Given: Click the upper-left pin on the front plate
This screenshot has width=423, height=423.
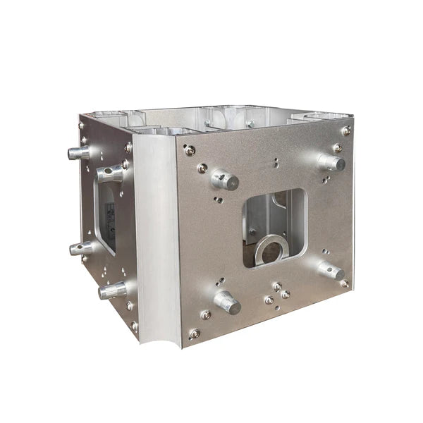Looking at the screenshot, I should (225, 180).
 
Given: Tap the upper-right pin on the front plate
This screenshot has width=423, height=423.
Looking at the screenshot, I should (331, 162).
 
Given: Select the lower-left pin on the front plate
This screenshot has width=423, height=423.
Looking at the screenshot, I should (227, 302).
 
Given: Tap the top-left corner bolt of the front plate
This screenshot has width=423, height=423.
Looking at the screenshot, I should (189, 149).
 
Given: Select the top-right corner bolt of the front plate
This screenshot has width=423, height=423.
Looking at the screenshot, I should (345, 130).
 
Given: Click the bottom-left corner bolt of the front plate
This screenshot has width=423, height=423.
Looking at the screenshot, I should (194, 333).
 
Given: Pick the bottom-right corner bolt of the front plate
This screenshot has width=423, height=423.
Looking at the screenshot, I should (344, 283).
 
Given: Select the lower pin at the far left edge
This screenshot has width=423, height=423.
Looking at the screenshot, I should (80, 248).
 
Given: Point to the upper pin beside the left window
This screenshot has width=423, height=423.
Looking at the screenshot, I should (111, 173).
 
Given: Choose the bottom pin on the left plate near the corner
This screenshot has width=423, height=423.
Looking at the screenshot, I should (113, 290).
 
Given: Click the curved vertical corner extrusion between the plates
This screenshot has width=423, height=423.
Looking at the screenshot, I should (156, 240).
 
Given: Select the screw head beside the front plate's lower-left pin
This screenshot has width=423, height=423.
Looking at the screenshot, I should (205, 314).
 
